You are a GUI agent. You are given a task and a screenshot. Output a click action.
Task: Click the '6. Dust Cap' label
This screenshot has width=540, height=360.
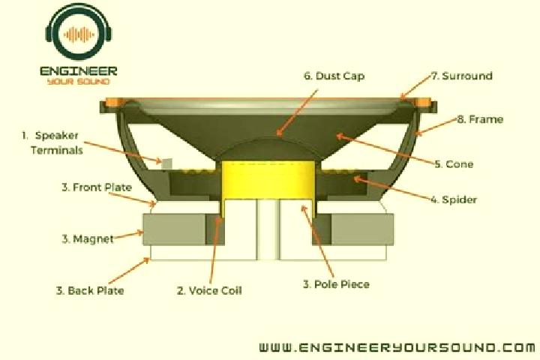pyautogui.click(x=334, y=76)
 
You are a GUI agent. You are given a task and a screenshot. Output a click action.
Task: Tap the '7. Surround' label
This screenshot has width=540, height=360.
pyautogui.click(x=462, y=76)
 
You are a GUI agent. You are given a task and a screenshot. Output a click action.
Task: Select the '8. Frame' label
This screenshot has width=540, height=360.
pyautogui.click(x=481, y=119)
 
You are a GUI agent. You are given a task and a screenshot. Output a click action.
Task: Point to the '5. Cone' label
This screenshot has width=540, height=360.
pyautogui.click(x=454, y=164)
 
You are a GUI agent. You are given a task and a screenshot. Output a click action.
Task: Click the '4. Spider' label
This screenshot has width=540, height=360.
pyautogui.click(x=454, y=199)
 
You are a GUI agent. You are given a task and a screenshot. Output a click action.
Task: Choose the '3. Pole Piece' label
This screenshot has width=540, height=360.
pyautogui.click(x=336, y=284)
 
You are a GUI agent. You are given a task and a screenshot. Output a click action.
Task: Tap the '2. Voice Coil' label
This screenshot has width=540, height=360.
pyautogui.click(x=209, y=290)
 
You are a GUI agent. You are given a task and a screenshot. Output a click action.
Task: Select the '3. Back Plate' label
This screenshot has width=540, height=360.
pyautogui.click(x=90, y=290)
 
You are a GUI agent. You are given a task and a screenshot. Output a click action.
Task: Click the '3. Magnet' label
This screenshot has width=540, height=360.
pyautogui.click(x=88, y=238)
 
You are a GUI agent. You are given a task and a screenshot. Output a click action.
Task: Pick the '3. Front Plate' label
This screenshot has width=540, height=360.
pyautogui.click(x=97, y=187)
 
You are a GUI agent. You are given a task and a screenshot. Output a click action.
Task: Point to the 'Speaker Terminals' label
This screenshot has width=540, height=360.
pyautogui.click(x=52, y=142)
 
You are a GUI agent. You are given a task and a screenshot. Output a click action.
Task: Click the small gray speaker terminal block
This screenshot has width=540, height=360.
pyautogui.click(x=166, y=164)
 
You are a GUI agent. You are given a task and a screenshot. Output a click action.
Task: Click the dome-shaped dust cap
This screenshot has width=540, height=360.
pyautogui.click(x=268, y=148)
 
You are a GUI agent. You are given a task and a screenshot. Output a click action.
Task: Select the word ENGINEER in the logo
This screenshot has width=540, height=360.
pyautogui.click(x=79, y=71)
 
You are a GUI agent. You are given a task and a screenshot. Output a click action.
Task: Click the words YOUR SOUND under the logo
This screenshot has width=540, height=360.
pyautogui.click(x=79, y=82)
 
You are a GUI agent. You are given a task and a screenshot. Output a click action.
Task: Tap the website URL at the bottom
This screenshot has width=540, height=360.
pyautogui.click(x=397, y=347)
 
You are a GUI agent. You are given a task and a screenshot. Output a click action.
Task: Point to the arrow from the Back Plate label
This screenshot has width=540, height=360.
pyautogui.click(x=129, y=271)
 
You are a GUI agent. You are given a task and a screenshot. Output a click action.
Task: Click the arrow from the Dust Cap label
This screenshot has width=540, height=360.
pyautogui.click(x=297, y=112)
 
